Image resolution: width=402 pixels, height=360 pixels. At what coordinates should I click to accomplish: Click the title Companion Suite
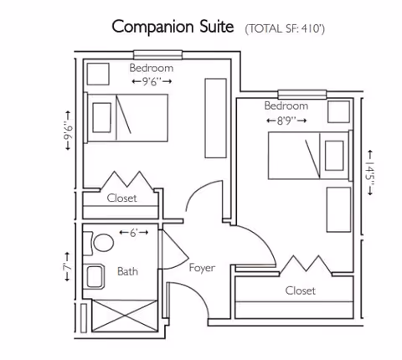coord(173,26)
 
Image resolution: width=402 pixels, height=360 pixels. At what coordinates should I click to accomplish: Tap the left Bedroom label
coord(152,68)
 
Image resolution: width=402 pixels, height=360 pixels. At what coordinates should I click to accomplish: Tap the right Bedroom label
coord(286,106)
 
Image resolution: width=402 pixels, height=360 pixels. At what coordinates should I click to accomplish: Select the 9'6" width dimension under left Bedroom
coord(152,81)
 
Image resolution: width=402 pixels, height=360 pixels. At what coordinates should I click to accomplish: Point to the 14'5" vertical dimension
coord(369,175)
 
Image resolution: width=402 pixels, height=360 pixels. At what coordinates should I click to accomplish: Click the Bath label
coord(127,271)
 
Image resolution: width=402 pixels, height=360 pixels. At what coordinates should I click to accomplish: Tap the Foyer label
coord(201,268)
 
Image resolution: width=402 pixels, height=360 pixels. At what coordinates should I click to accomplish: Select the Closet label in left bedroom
coord(122,198)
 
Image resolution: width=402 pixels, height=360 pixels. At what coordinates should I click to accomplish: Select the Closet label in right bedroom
coord(300,291)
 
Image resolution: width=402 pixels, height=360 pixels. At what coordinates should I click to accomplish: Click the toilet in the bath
coord(102,244)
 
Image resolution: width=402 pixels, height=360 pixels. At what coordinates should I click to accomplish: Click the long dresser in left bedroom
coord(215,118)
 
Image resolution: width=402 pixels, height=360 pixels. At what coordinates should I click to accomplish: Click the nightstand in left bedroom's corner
coord(100,74)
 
